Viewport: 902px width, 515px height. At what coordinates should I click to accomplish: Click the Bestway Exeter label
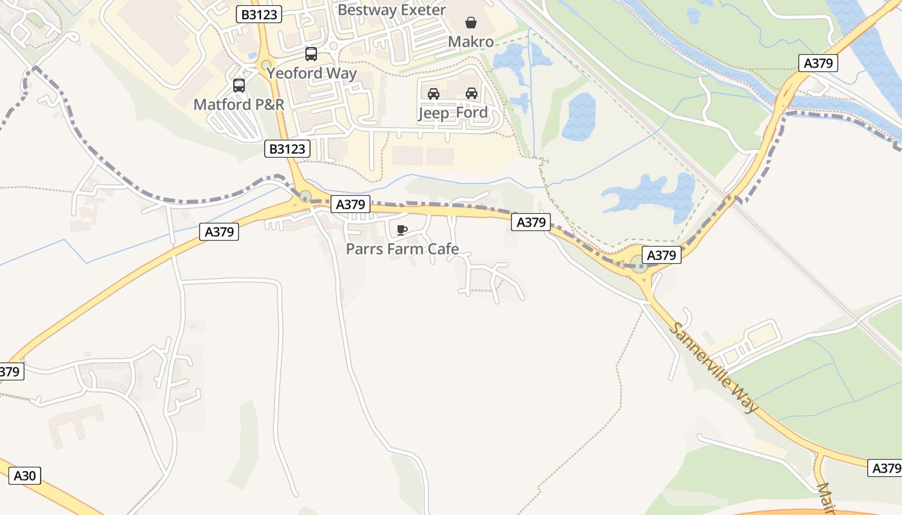click(391, 10)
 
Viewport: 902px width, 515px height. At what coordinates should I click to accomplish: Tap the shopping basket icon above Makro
click(471, 23)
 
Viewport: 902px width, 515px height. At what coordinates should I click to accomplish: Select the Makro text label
click(471, 42)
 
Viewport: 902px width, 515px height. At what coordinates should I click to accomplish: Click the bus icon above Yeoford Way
click(311, 54)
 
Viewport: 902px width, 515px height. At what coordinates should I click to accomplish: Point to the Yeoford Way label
click(312, 73)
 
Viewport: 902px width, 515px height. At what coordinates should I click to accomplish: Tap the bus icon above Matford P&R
click(239, 85)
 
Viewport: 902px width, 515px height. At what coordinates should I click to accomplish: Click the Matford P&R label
click(239, 104)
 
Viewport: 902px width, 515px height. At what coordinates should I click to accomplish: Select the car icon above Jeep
click(434, 93)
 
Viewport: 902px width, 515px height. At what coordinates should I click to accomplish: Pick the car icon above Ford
click(472, 93)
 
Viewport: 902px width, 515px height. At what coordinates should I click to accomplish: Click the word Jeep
click(434, 113)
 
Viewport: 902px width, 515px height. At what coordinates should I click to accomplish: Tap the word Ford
click(472, 113)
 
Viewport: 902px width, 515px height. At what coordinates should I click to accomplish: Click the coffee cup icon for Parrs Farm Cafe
click(402, 230)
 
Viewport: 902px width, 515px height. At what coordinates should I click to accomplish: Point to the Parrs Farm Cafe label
click(402, 248)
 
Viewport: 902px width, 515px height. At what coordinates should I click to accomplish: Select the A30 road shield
click(24, 476)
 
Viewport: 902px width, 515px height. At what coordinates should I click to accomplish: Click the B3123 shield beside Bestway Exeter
click(259, 14)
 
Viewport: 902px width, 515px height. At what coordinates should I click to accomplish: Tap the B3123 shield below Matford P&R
click(287, 149)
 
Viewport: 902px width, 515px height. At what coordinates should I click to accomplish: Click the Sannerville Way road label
click(713, 367)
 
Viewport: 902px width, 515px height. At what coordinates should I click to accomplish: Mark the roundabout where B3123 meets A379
click(305, 196)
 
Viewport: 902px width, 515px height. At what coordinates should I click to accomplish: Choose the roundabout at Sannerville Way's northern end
click(638, 263)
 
